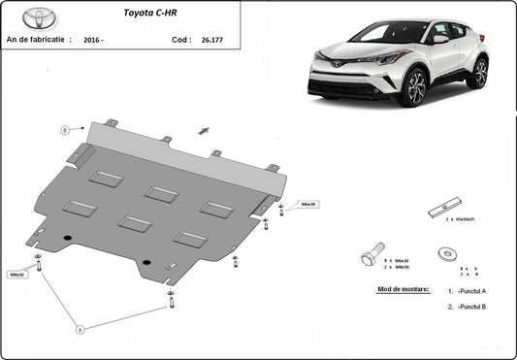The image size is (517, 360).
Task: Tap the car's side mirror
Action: pos(440,40)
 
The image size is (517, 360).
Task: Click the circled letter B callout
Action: pos(66,130)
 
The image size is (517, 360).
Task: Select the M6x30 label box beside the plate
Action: pos(308,205)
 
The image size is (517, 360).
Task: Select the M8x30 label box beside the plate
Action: pos(16,275)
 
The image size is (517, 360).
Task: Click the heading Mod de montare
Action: pos(402,289)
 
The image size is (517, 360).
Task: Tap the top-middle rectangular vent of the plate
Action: pos(161,195)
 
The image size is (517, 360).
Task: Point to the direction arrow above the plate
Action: pos(204,131)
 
